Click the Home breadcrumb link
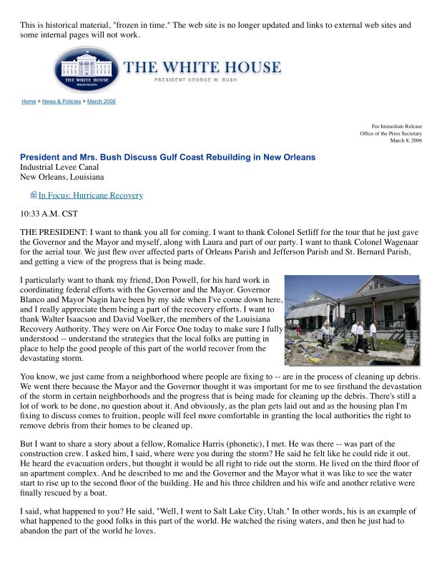[x=29, y=102]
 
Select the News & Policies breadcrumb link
[x=62, y=102]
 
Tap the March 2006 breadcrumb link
[x=101, y=102]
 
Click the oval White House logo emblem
[x=85, y=69]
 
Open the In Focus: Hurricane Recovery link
[x=91, y=196]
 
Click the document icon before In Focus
[x=33, y=196]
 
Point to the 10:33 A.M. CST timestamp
[x=49, y=213]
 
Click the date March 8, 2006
[x=406, y=140]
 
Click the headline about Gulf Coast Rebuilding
[x=167, y=158]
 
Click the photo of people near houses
[x=352, y=319]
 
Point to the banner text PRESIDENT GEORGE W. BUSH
[x=202, y=80]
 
